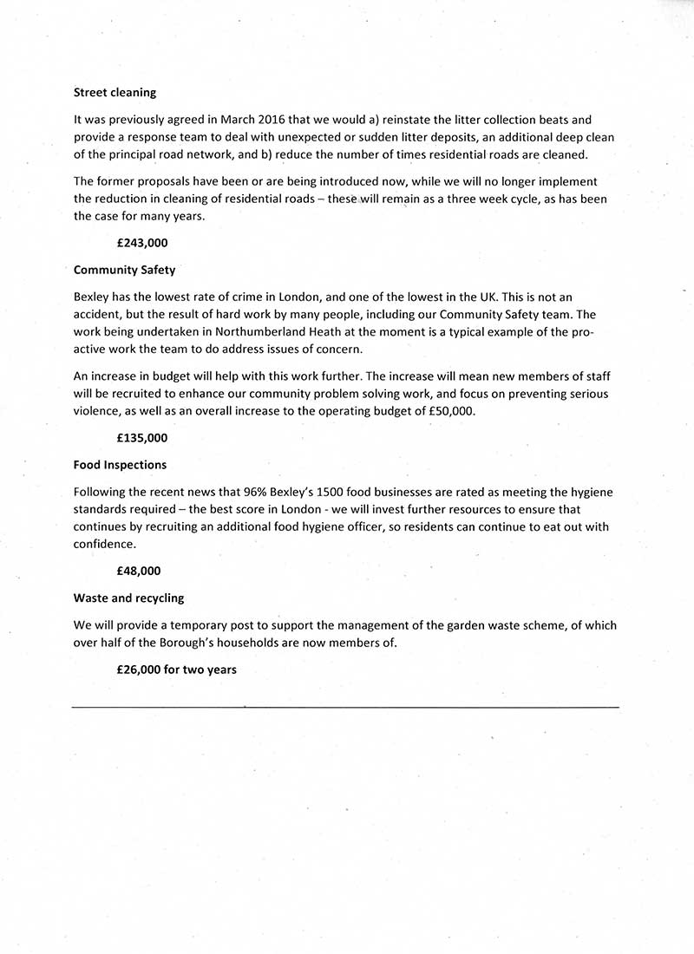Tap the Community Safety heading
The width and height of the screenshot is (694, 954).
pyautogui.click(x=125, y=270)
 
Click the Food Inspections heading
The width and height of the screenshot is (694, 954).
pyautogui.click(x=120, y=465)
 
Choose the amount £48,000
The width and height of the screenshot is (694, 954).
pyautogui.click(x=139, y=571)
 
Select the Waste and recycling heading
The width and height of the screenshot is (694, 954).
pyautogui.click(x=128, y=598)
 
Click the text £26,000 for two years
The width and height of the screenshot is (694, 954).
pyautogui.click(x=176, y=670)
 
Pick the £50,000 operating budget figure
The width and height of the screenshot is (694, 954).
pyautogui.click(x=452, y=412)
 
